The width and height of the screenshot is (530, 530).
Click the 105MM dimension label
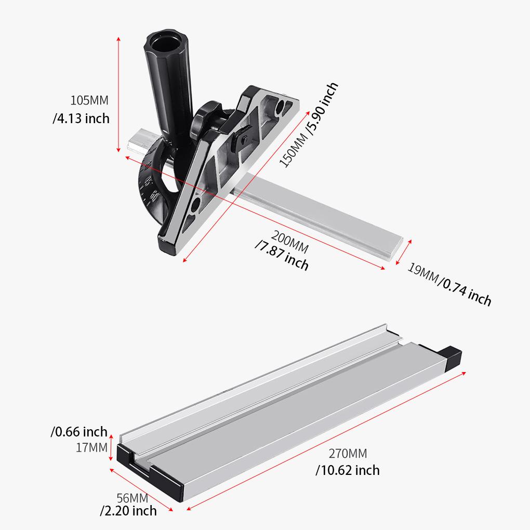90,100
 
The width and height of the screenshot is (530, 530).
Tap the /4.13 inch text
81,118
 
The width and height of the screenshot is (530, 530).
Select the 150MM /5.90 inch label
309,125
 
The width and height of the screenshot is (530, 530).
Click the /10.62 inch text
348,471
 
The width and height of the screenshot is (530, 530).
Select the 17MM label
91,447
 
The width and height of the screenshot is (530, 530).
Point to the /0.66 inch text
79,432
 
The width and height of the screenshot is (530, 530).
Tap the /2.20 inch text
128,511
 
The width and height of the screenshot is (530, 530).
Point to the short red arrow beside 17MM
111,447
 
